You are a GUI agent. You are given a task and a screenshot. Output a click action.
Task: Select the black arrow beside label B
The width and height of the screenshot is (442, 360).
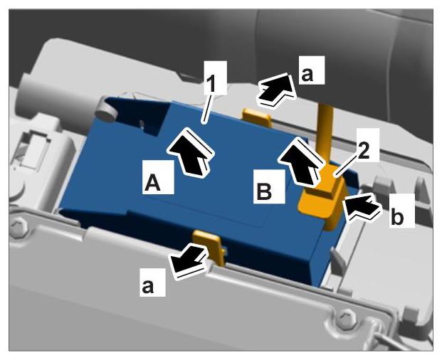click(301, 162)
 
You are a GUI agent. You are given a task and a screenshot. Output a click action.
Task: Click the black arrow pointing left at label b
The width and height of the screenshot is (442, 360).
click(362, 208)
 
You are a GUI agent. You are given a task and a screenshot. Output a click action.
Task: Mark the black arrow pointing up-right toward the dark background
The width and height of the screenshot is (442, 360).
click(275, 90)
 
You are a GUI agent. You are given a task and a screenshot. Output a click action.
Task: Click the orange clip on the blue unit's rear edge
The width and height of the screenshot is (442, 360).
click(258, 117)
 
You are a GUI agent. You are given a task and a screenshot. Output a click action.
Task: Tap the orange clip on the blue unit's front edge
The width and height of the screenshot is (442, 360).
click(209, 247)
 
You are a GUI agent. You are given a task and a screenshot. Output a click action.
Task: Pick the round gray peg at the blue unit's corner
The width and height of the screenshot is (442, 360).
click(106, 111)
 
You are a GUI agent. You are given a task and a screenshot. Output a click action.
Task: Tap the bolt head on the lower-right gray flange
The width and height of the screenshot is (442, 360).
click(347, 317)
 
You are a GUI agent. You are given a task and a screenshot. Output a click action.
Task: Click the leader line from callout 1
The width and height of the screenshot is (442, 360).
click(207, 107)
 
